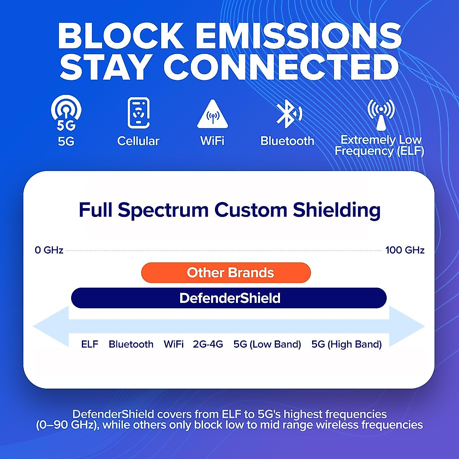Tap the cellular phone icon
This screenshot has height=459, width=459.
click(138, 113)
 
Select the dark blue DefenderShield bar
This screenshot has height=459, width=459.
click(229, 298)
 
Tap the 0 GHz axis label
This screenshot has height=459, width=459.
click(49, 250)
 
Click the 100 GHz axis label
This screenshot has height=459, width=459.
click(405, 250)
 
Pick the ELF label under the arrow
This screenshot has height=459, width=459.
click(90, 344)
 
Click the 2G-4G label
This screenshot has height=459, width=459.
click(208, 344)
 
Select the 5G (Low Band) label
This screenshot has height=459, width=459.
click(267, 344)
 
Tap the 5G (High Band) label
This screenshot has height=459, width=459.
click(347, 344)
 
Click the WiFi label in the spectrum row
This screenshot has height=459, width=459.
click(174, 344)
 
